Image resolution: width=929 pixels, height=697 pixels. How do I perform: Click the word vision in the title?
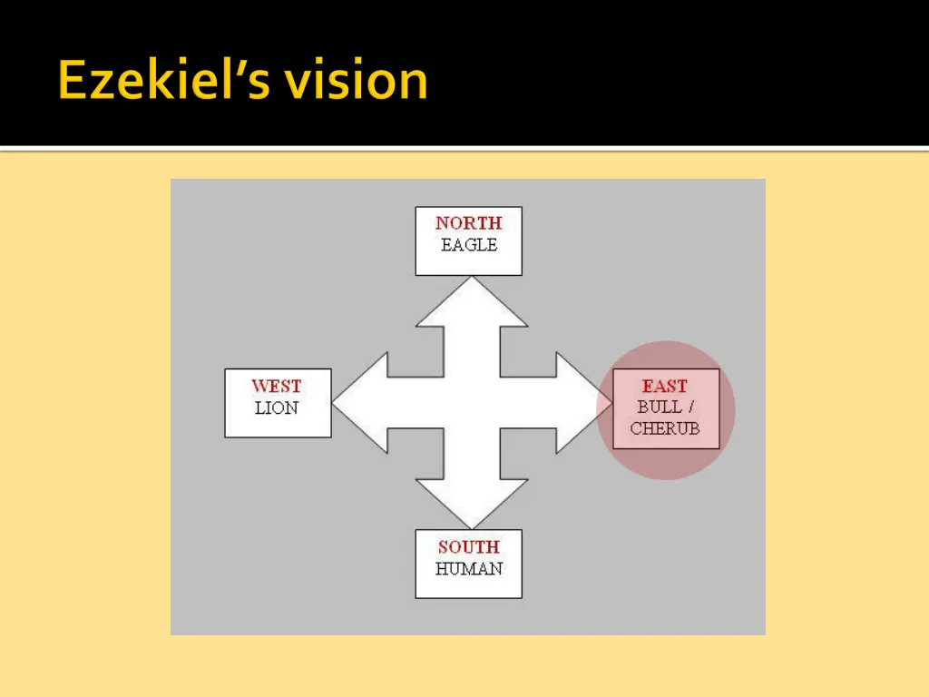pos(355,81)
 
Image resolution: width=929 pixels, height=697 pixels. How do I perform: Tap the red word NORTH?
pos(468,223)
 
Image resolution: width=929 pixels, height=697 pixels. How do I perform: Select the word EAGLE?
pos(468,245)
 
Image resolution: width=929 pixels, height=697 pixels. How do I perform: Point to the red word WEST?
pos(277,387)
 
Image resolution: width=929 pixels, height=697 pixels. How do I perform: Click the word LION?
pos(277,408)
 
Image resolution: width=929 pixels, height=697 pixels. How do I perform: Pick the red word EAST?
pos(665,387)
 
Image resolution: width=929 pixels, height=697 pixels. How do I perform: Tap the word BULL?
pos(660,407)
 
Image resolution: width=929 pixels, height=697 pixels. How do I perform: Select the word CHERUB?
pos(665,428)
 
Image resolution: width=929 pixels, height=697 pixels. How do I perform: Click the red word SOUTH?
pos(468,547)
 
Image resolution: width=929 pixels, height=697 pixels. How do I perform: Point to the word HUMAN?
pos(468,569)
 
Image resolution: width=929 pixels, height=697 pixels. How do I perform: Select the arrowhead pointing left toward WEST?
pos(359,403)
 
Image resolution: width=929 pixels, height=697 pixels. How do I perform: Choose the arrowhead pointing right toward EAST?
pos(581,403)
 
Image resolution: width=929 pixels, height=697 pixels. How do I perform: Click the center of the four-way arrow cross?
pos(471,403)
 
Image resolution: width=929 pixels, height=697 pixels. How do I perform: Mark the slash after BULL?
pos(689,407)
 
